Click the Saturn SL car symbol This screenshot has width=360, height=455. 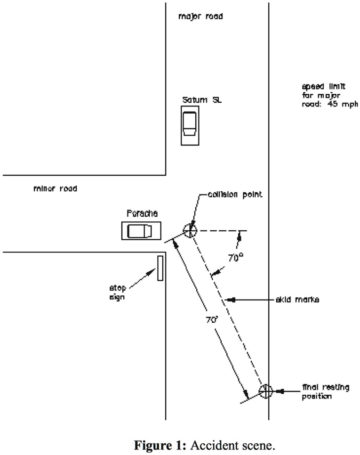tap(190, 125)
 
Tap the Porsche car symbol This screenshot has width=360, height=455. tap(141, 231)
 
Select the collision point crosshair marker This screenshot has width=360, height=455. tap(190, 231)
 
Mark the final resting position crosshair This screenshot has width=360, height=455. tap(266, 391)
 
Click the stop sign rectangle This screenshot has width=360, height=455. tap(160, 268)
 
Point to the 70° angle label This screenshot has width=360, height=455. tap(235, 257)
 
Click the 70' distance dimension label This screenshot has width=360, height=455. tap(212, 320)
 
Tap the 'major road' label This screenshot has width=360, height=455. tap(200, 16)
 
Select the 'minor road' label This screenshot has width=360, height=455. tap(56, 188)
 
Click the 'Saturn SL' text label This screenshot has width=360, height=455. tap(202, 100)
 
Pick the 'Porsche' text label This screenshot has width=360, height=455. tap(142, 213)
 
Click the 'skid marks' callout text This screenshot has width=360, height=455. tap(297, 300)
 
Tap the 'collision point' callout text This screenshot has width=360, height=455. tap(235, 195)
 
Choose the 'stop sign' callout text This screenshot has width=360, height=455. tap(118, 292)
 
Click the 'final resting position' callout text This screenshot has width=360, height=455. tap(326, 392)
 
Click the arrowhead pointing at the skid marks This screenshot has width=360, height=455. tap(231, 300)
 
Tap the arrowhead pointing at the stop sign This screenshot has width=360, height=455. tap(152, 272)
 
